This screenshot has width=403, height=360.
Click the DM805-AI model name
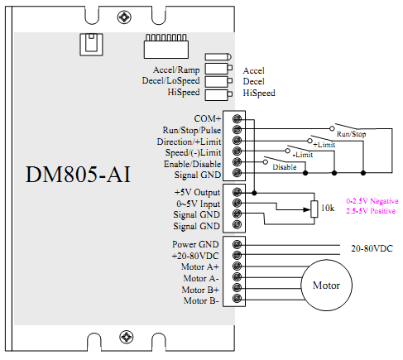(78, 175)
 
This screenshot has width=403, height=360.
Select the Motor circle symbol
(326, 286)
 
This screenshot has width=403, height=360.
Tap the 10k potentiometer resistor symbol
(314, 209)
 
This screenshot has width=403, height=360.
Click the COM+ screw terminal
(237, 119)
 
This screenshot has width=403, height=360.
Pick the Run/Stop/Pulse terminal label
(192, 130)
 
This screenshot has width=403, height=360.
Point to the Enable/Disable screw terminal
(237, 162)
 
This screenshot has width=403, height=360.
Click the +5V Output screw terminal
(237, 192)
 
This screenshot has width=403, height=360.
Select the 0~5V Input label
(199, 204)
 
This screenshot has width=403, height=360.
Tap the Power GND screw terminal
(237, 244)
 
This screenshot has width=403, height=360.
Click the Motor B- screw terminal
(237, 299)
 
